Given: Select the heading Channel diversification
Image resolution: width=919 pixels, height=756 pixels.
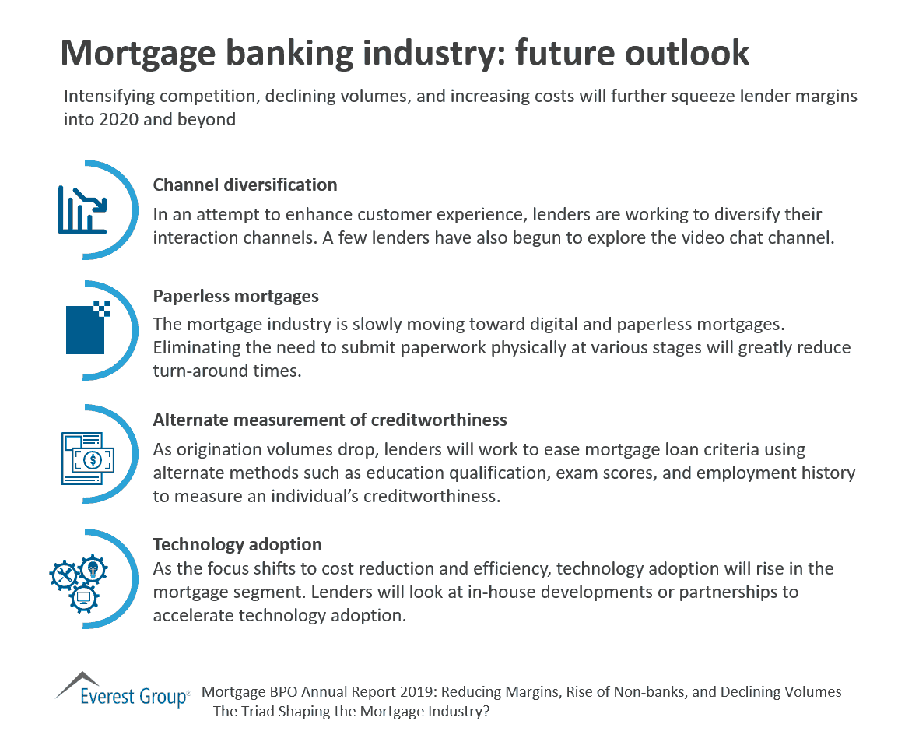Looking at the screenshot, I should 245,185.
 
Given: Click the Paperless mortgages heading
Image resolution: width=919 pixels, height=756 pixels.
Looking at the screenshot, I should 236,297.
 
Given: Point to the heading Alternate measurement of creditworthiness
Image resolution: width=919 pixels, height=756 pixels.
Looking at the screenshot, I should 330,420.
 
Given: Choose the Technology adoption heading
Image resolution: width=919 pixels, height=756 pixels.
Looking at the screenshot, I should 237,544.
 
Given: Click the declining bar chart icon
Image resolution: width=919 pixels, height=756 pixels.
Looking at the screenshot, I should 82,209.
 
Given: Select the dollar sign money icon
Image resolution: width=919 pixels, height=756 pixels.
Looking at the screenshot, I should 92,459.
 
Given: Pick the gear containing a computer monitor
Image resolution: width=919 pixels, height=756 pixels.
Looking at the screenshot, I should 83,597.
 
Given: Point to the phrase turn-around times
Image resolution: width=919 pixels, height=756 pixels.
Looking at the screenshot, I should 225,371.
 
